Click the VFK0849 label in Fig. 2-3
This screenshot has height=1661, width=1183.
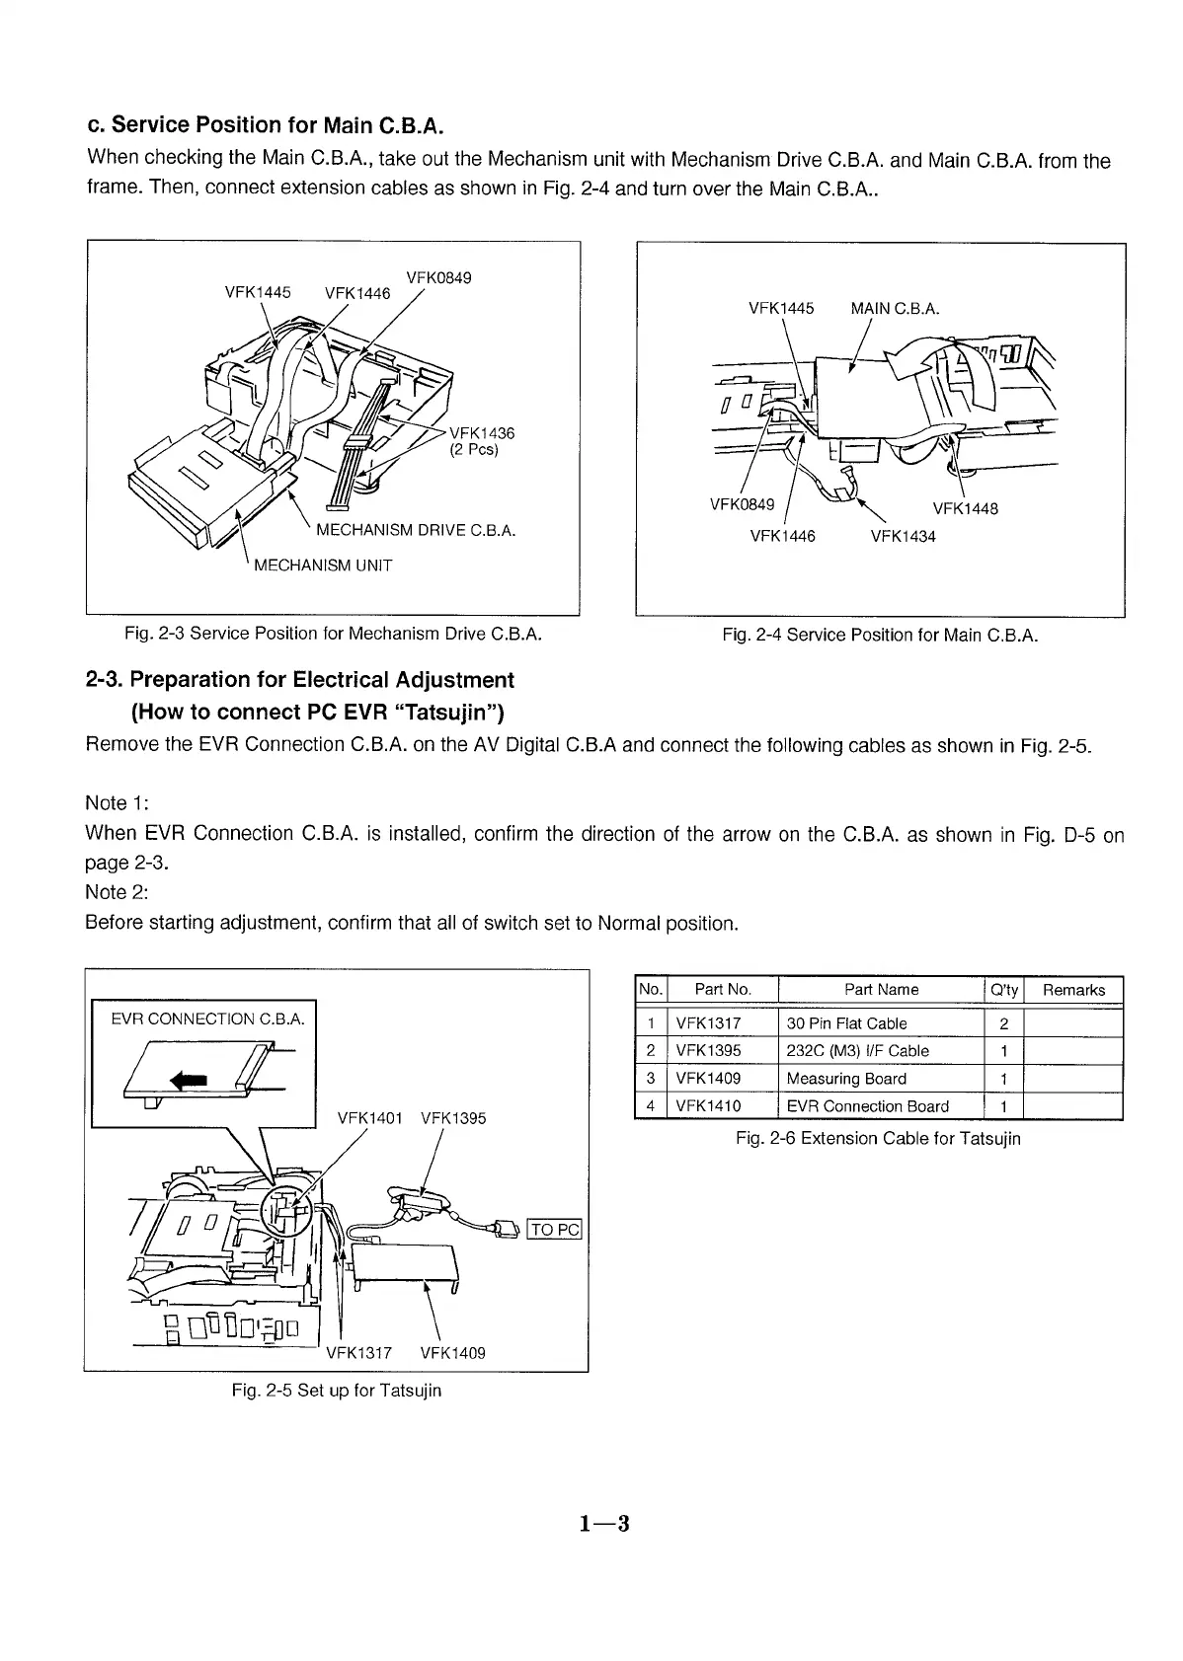click(438, 277)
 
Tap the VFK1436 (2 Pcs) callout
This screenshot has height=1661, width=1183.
click(482, 441)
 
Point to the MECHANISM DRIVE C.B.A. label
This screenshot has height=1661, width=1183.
click(416, 531)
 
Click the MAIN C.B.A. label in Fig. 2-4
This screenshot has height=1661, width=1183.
click(895, 308)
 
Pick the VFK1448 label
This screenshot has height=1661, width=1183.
click(965, 509)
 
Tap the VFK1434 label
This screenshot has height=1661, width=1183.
click(903, 537)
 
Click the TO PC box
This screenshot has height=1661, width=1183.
click(556, 1230)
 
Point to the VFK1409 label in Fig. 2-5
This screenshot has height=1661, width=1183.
click(452, 1353)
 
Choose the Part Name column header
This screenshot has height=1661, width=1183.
click(881, 990)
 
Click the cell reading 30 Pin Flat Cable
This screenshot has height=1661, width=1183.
click(846, 1023)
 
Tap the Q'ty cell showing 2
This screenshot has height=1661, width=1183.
click(1003, 1023)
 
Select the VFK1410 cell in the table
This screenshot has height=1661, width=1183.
click(708, 1106)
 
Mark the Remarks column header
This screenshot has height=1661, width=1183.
click(1073, 990)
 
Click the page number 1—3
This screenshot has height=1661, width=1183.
click(604, 1524)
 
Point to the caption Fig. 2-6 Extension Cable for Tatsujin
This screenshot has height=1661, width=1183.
click(878, 1139)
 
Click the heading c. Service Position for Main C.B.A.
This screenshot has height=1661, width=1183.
click(266, 125)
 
